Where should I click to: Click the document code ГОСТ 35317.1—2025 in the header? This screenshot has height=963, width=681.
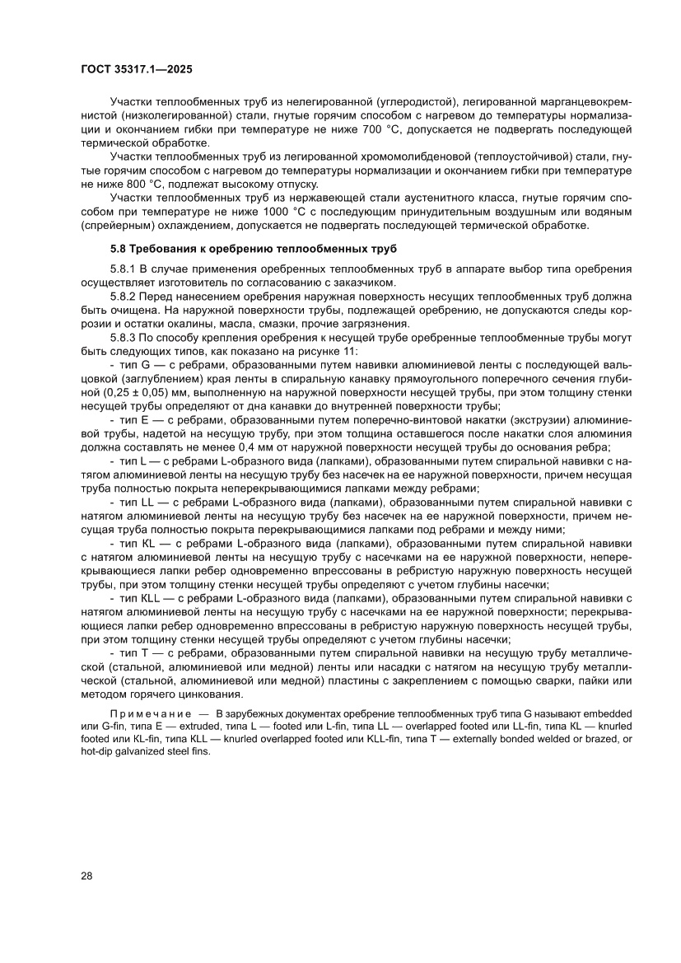[137, 71]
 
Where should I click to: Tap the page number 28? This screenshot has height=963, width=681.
[86, 876]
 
